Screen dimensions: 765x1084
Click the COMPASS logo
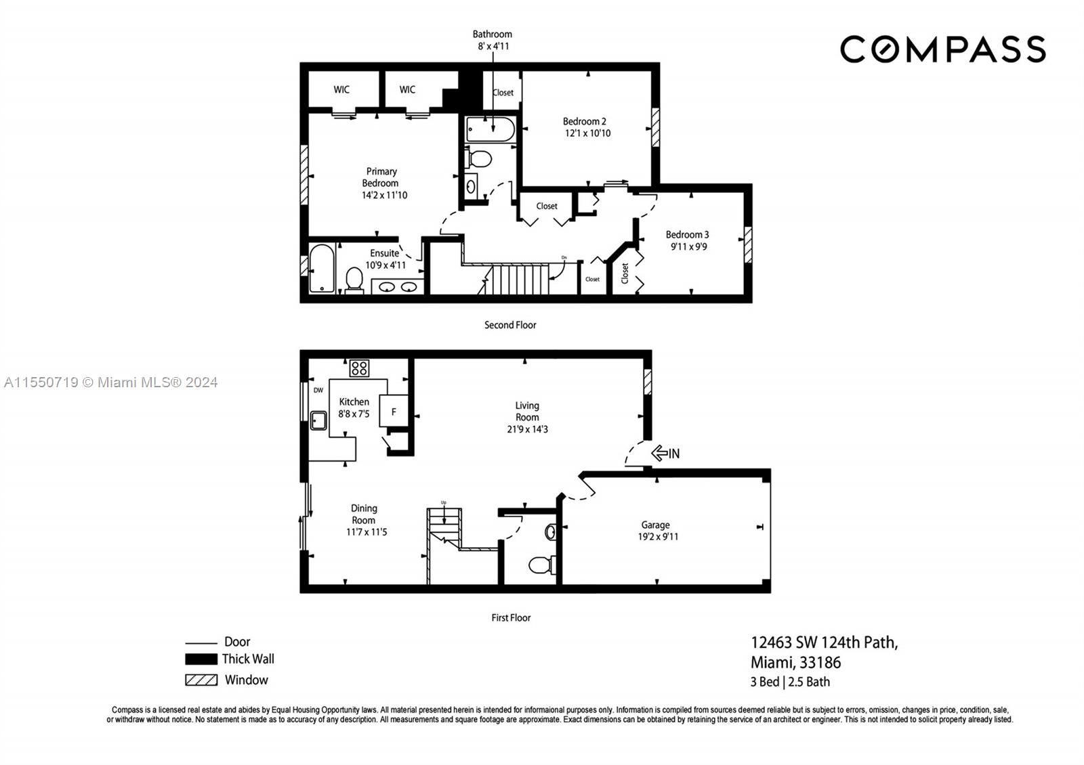(x=942, y=49)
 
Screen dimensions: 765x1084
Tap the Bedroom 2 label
(x=584, y=121)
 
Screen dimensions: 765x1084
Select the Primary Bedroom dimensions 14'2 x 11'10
(x=384, y=195)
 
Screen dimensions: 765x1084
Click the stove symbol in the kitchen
(x=359, y=368)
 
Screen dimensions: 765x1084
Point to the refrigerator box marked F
(x=394, y=411)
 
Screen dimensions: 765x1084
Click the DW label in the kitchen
(x=318, y=390)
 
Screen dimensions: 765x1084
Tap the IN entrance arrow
(x=665, y=453)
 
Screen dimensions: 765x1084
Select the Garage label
(x=655, y=525)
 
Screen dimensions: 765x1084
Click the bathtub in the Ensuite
(x=321, y=269)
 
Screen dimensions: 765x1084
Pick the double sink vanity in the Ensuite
(x=397, y=287)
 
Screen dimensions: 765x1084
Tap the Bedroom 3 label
(x=687, y=235)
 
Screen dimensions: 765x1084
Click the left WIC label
(x=341, y=89)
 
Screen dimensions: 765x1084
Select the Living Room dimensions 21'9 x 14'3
(x=526, y=429)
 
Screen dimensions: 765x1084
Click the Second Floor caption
(x=509, y=325)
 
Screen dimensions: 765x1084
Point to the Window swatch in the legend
(x=201, y=680)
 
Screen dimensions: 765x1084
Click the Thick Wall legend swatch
(x=201, y=659)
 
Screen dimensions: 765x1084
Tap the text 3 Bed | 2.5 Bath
(x=790, y=682)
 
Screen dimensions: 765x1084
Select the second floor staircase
(x=518, y=279)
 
